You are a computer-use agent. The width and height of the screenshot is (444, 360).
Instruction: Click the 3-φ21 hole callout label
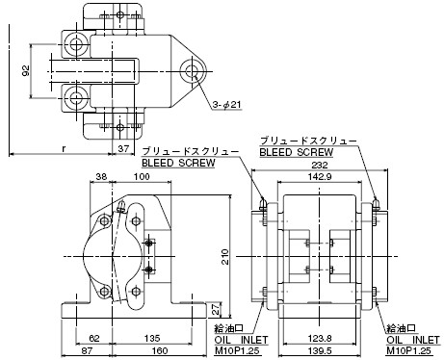(x=226, y=105)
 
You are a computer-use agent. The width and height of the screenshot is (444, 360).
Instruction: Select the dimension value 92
(x=26, y=70)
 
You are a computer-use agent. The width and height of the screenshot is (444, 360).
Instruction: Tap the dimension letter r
(x=65, y=148)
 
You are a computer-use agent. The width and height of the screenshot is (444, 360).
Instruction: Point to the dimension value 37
(x=123, y=148)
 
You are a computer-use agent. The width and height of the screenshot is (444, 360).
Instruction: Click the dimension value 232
(x=320, y=165)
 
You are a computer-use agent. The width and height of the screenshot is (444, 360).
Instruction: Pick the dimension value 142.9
(x=320, y=176)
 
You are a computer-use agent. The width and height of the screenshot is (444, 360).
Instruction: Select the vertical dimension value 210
(x=225, y=256)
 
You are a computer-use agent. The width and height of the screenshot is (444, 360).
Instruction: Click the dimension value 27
(x=217, y=309)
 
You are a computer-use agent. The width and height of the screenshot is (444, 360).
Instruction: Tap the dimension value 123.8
(x=320, y=338)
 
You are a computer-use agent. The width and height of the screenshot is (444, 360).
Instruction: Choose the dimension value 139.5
(x=320, y=350)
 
